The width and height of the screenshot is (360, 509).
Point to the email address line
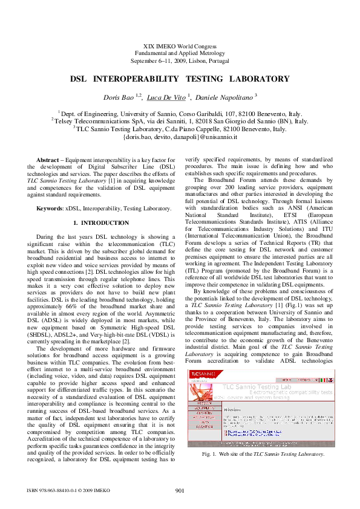click(x=180, y=137)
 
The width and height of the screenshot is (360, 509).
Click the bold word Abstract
click(x=48, y=159)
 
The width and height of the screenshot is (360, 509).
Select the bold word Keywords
click(x=50, y=209)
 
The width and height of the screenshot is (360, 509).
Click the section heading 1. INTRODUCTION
click(x=97, y=224)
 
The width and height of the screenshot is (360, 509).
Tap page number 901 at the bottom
click(x=180, y=490)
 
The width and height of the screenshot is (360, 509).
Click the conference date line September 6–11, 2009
click(x=180, y=61)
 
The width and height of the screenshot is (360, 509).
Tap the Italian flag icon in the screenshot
click(x=323, y=379)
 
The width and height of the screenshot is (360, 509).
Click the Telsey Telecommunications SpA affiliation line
click(x=180, y=121)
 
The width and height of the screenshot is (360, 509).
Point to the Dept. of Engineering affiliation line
click(x=180, y=112)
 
